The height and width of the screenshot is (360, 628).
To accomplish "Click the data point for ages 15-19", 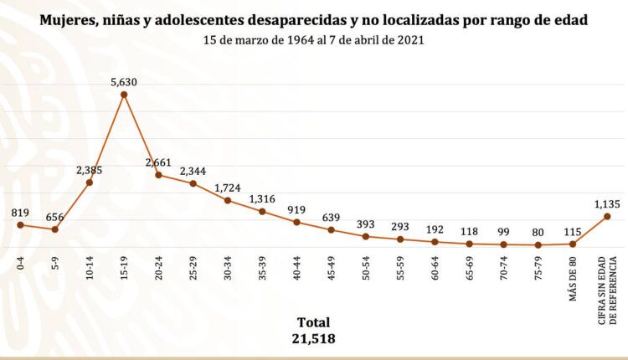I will point(124,95).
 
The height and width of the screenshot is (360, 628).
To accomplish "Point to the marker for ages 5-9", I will point(54,229).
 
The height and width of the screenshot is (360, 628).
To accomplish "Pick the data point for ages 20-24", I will point(158,175).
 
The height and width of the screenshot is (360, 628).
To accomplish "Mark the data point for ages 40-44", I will point(296,222).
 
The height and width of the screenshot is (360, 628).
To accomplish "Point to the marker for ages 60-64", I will point(435,242).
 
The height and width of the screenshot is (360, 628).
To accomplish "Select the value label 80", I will point(538,234).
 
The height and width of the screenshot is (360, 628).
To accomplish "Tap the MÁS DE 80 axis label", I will point(573,273).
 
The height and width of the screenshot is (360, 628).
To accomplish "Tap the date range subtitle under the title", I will point(313,39).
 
